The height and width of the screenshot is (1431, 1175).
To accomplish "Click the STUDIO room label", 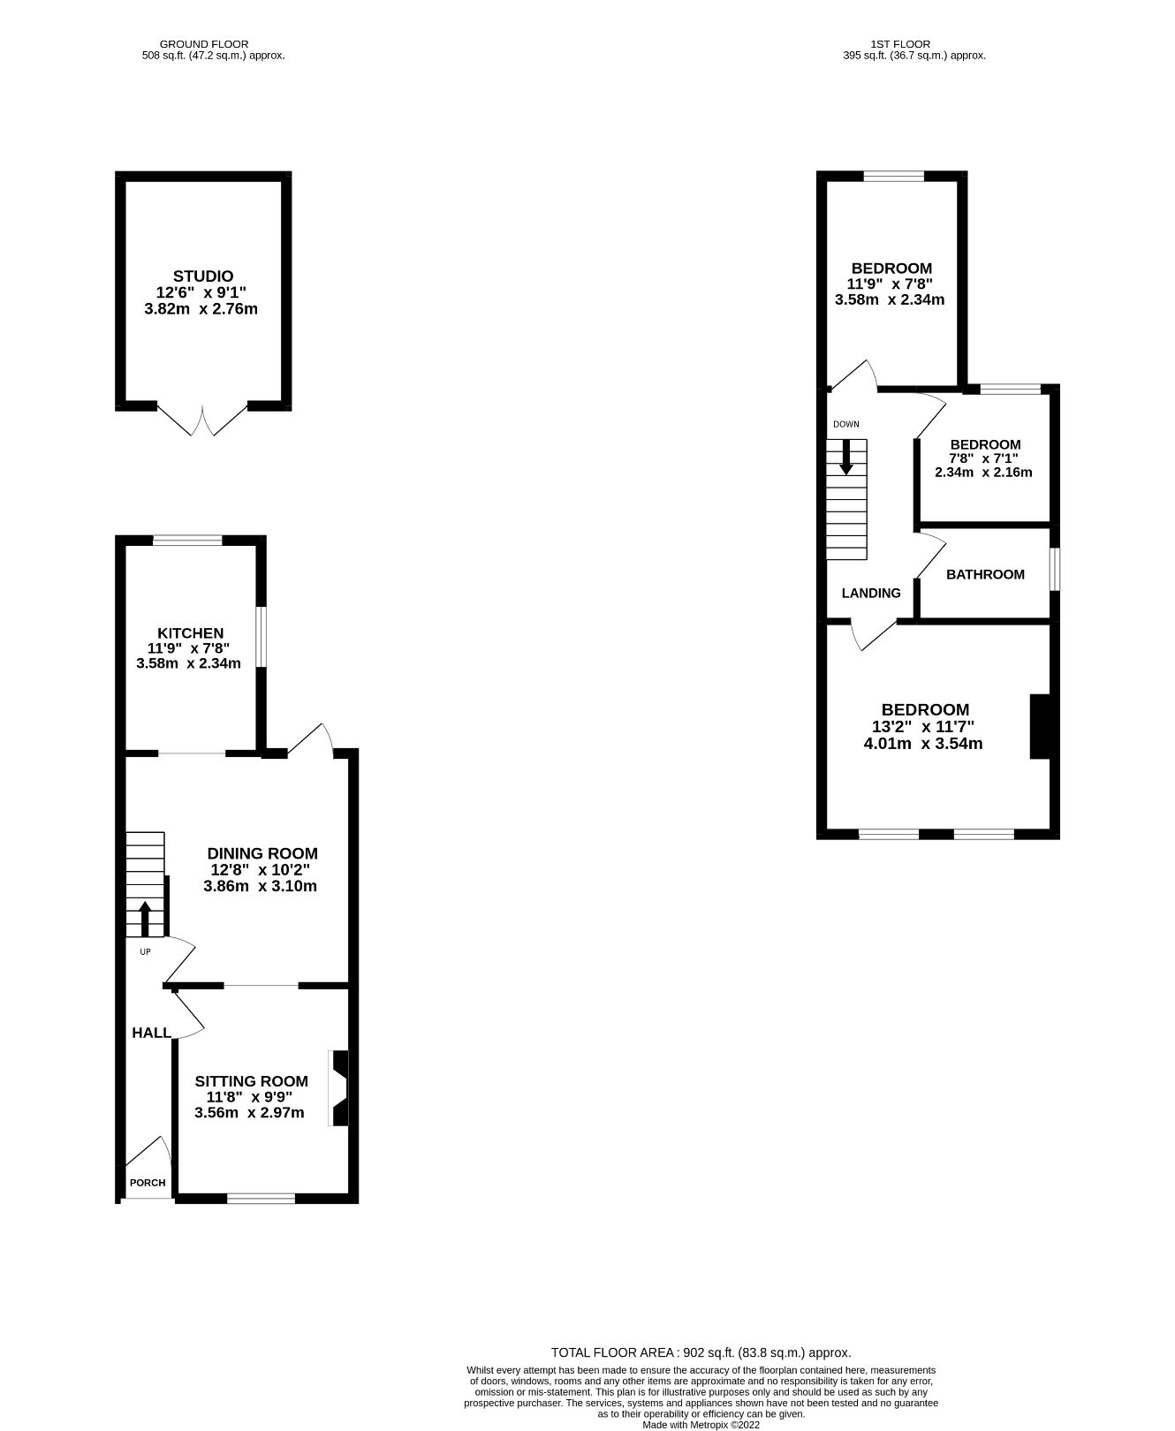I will (x=202, y=276).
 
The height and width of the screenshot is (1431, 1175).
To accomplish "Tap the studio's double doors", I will (x=202, y=421).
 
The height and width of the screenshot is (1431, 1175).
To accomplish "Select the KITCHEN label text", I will (x=190, y=633).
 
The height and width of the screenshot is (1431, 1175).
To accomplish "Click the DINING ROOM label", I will (x=262, y=853).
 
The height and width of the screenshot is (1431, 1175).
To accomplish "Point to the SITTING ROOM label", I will (x=251, y=1081).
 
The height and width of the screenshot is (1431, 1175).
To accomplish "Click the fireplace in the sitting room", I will (x=339, y=1087).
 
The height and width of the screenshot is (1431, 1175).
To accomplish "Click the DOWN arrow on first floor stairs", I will (x=845, y=457).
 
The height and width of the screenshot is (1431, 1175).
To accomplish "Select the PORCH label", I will (x=147, y=1183).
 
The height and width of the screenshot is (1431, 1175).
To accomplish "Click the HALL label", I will (x=151, y=1033).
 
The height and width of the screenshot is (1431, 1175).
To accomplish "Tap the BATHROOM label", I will (x=985, y=574).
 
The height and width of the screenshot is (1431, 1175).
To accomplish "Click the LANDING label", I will (x=870, y=594).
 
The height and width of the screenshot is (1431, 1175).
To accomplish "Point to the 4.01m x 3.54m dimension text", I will (x=922, y=744).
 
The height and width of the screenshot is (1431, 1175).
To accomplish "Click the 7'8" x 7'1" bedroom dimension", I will (x=983, y=458).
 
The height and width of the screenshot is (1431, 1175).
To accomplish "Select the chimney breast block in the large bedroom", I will (x=1041, y=726).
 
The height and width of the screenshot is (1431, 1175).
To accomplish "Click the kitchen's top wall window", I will (x=187, y=541).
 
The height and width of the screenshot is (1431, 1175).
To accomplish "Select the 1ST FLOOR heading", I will (x=913, y=43).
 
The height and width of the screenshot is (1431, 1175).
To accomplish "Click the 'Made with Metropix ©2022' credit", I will (x=701, y=1425).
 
